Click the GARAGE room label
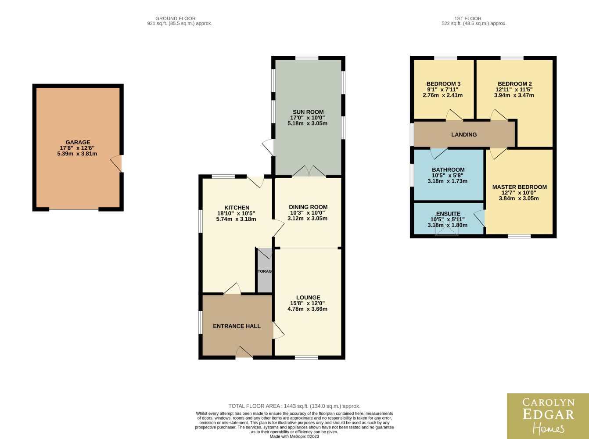[78, 142]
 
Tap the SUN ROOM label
[308, 112]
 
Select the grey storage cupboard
[265, 270]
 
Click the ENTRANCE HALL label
[237, 326]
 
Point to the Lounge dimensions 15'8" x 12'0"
[308, 303]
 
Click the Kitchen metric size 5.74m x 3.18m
[236, 219]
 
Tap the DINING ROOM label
[308, 207]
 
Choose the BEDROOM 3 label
[443, 84]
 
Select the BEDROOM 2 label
[515, 84]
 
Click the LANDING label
[464, 134]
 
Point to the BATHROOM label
[448, 169]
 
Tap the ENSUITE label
[448, 213]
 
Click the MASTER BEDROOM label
[519, 187]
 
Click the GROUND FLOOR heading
[176, 18]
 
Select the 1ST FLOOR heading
[468, 18]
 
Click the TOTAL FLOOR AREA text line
[294, 406]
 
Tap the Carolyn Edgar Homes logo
[548, 416]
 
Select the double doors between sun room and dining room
[309, 171]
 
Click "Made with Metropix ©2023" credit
[294, 436]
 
